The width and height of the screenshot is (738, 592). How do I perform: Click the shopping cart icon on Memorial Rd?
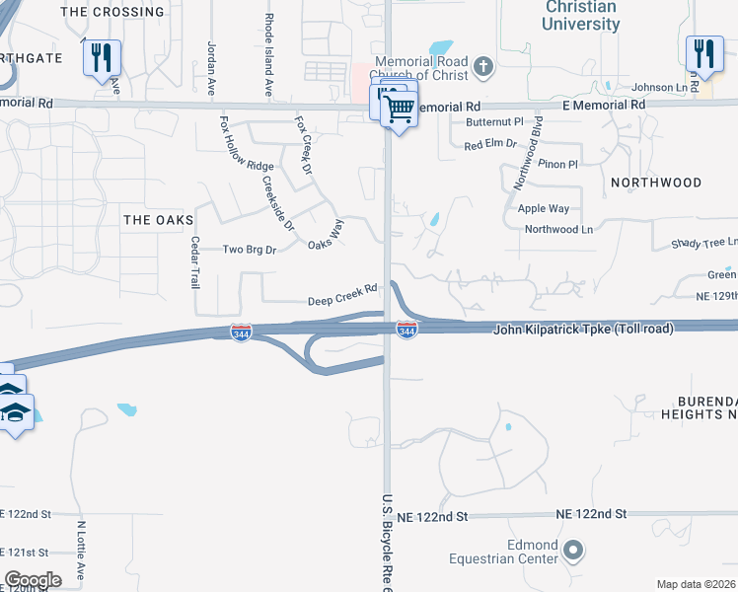click(x=400, y=110)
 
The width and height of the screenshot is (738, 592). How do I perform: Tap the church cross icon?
click(x=482, y=67)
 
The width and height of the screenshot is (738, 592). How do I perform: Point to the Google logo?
click(x=33, y=580)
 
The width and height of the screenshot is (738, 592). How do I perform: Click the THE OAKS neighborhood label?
click(x=158, y=220)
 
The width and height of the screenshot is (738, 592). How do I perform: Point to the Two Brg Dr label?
click(x=249, y=250)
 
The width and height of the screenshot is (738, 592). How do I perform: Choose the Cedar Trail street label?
click(x=195, y=262)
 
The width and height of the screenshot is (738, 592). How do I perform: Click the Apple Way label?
click(x=544, y=208)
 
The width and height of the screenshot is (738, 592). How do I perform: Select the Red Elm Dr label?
click(x=490, y=144)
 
